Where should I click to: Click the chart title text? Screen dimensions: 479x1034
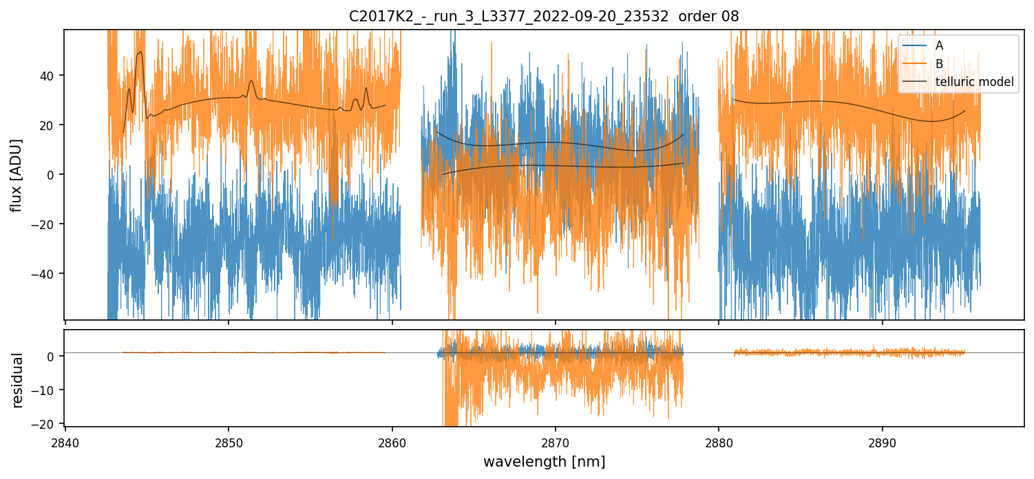pyautogui.click(x=544, y=17)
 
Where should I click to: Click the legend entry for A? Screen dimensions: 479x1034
pyautogui.click(x=940, y=45)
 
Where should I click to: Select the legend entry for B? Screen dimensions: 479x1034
pyautogui.click(x=940, y=64)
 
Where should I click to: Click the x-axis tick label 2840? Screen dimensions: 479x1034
pyautogui.click(x=65, y=442)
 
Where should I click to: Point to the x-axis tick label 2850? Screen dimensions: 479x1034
pyautogui.click(x=229, y=442)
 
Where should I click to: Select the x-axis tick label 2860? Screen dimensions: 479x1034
pyautogui.click(x=392, y=442)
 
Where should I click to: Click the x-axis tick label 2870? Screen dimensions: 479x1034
pyautogui.click(x=556, y=442)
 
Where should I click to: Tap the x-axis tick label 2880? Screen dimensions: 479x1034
pyautogui.click(x=719, y=442)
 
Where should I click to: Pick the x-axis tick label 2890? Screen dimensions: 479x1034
pyautogui.click(x=883, y=442)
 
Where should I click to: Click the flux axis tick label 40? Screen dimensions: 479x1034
pyautogui.click(x=50, y=75)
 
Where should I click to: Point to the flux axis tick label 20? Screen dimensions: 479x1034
pyautogui.click(x=50, y=125)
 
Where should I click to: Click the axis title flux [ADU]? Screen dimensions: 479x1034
pyautogui.click(x=17, y=175)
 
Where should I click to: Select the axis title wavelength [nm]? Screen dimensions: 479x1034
pyautogui.click(x=544, y=461)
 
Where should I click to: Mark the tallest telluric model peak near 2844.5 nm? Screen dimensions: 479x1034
pyautogui.click(x=140, y=52)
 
